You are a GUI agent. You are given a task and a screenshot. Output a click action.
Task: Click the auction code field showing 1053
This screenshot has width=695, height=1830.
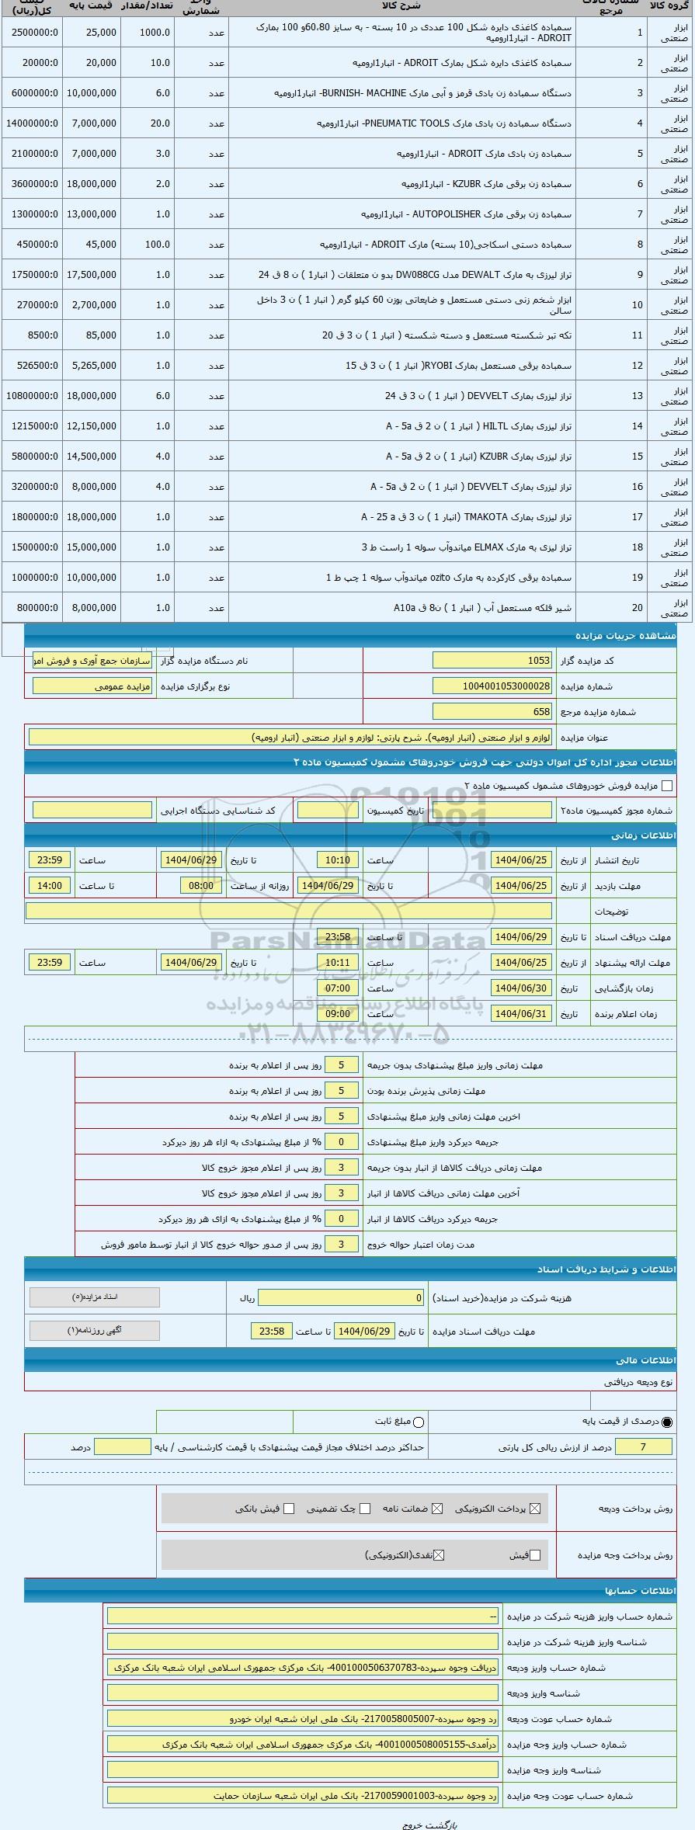(x=492, y=661)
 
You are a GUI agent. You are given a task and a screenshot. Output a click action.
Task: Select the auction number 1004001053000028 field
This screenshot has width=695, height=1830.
(x=492, y=686)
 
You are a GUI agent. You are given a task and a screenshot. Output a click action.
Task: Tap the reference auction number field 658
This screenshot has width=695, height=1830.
(x=492, y=712)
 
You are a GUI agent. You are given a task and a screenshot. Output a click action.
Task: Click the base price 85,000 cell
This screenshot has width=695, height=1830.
(x=92, y=335)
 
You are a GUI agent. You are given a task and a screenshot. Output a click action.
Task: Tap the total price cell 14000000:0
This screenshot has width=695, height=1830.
(x=32, y=123)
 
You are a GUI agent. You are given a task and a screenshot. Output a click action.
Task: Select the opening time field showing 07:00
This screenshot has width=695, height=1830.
(x=338, y=988)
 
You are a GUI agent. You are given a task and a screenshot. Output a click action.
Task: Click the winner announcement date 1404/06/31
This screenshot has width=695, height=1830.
(x=521, y=1014)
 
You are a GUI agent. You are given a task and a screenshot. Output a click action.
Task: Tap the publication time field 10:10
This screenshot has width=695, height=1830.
(x=338, y=860)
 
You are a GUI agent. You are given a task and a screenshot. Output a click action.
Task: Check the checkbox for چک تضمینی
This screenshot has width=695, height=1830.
(x=365, y=1509)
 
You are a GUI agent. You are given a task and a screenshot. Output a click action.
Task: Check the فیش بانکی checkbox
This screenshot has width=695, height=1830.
(x=289, y=1509)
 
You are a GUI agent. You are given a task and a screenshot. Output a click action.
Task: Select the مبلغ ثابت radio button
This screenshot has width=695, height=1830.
(x=419, y=1422)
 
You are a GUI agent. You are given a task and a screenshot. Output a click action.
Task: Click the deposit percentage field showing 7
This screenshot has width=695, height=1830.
(x=642, y=1446)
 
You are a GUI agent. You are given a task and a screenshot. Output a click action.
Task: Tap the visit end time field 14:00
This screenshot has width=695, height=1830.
(x=50, y=886)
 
